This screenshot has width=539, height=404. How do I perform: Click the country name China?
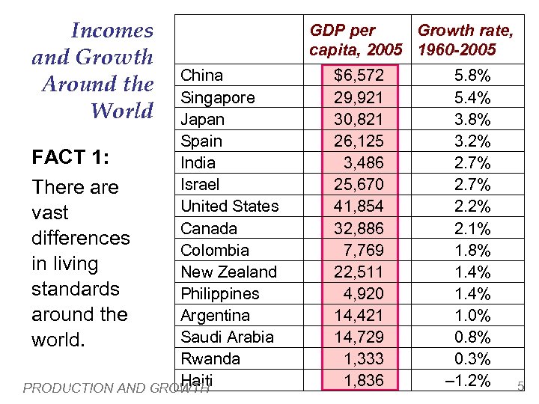[x=202, y=76]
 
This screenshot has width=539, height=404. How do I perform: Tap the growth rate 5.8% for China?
[x=472, y=76]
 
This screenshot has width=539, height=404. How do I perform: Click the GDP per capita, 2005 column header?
[x=356, y=40]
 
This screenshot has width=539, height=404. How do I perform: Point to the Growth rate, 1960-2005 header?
[x=465, y=40]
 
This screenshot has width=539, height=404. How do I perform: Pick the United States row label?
[x=229, y=206]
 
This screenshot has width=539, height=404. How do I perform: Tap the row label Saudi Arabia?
[x=227, y=337]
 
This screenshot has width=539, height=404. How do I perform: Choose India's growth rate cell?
[x=472, y=162]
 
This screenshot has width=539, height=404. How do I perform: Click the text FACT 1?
[x=70, y=159]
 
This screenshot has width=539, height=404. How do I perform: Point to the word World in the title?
[x=121, y=111]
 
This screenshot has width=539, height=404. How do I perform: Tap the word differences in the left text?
[x=80, y=238]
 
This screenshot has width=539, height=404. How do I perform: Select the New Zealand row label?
[x=228, y=272]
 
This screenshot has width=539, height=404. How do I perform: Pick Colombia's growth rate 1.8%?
[x=472, y=250]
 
